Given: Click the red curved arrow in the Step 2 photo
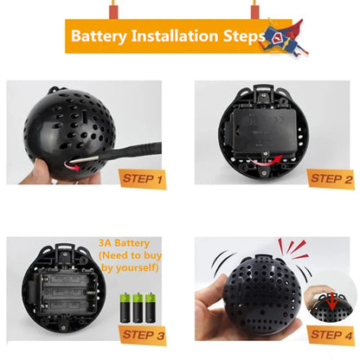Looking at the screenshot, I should pos(276,156).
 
